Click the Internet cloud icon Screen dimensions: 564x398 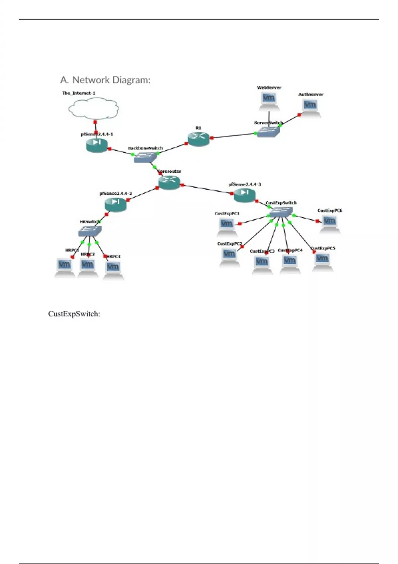tap(94, 108)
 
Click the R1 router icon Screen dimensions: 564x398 tap(198, 138)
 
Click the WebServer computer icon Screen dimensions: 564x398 tap(269, 100)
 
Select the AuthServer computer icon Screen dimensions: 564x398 tap(310, 107)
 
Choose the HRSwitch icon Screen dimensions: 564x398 tap(90, 230)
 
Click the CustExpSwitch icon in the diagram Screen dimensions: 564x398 tap(281, 212)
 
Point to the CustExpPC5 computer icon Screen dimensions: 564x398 tap(322, 260)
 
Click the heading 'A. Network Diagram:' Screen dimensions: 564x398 tap(105, 80)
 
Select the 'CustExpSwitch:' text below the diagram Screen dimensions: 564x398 tap(74, 314)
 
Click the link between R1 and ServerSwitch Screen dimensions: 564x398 tap(233, 136)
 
